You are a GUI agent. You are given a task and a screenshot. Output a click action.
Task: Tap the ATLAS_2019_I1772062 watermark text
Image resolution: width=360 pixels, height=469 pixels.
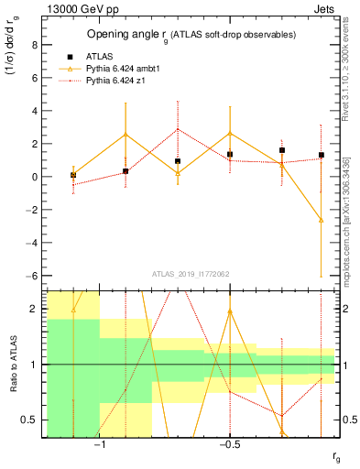pyautogui.click(x=192, y=273)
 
